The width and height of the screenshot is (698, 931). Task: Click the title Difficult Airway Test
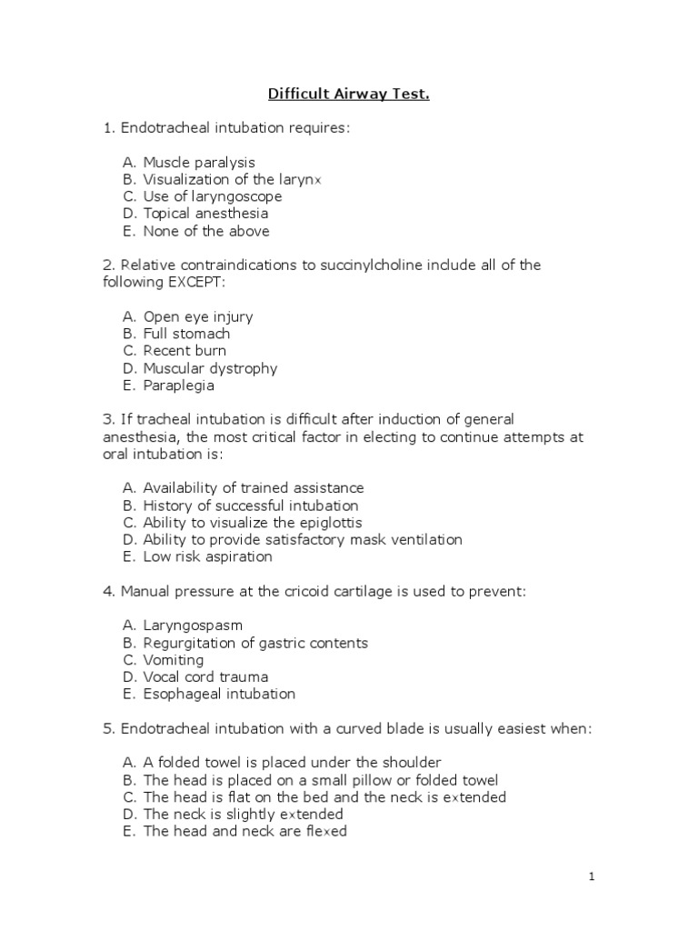coord(348,94)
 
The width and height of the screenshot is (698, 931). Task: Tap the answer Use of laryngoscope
coord(212,196)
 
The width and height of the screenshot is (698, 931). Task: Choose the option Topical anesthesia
coord(205,214)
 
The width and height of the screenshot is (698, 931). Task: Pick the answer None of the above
coord(205,231)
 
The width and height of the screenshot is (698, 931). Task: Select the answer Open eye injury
coord(197,316)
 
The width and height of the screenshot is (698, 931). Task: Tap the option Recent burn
coord(184,351)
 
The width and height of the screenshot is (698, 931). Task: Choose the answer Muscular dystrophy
coord(210,368)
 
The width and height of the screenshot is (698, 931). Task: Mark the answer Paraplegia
coord(178,385)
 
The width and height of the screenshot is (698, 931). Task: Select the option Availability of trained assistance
coord(253,488)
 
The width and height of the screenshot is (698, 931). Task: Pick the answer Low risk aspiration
coord(207,556)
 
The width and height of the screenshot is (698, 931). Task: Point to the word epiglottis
coord(329,523)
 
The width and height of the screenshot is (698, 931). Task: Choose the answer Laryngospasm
coord(193,626)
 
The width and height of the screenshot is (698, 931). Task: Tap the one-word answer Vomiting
coord(173,660)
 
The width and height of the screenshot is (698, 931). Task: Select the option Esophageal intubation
coord(219,694)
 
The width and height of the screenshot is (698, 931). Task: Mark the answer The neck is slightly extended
coord(243,814)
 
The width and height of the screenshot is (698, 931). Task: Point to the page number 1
coord(591,877)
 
